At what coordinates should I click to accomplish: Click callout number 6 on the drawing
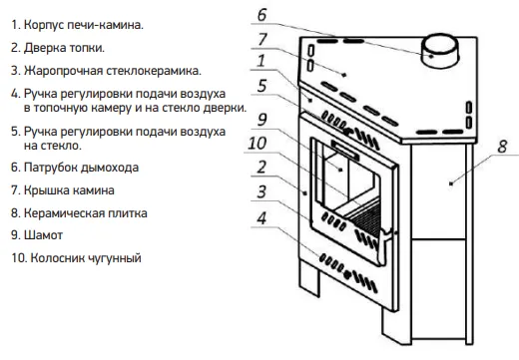(262, 15)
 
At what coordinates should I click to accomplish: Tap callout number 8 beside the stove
(503, 147)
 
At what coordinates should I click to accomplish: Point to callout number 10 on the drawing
(258, 144)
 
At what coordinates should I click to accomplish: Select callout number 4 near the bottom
(261, 218)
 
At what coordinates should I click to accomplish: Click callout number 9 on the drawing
(262, 120)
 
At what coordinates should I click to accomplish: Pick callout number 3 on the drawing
(261, 191)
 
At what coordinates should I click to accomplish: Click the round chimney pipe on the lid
(440, 51)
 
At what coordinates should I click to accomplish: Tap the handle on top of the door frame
(345, 149)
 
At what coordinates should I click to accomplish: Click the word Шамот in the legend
(43, 235)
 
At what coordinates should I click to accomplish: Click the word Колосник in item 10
(58, 258)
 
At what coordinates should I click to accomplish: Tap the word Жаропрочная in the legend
(63, 71)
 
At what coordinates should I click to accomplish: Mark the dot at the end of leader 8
(451, 183)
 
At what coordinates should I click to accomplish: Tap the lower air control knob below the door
(347, 274)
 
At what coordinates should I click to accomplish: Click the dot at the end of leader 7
(344, 75)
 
